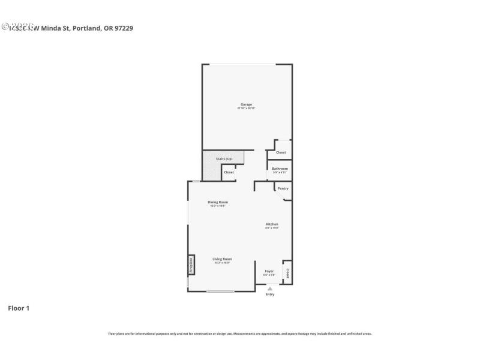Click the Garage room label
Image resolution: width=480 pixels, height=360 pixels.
246,104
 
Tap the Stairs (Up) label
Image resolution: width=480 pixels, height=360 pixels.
224,158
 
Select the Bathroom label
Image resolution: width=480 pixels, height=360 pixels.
280,169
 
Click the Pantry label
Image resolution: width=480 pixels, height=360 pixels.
283,188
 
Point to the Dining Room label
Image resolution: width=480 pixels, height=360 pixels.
218,202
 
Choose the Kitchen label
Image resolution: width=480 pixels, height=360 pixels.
272,224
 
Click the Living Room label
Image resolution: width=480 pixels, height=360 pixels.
222,259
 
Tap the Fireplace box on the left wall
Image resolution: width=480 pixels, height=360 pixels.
191,265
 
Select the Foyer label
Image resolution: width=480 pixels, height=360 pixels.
269,271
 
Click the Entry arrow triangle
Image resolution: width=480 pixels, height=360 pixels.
270,289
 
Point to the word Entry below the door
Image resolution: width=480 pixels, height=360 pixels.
270,294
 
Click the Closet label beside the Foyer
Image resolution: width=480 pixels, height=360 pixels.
287,273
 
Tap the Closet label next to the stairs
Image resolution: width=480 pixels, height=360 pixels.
229,172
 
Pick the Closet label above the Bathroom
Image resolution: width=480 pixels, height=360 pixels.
281,152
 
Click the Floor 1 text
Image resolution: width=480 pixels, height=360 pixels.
18,308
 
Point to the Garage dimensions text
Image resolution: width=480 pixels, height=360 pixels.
246,109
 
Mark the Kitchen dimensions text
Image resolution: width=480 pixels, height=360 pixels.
272,228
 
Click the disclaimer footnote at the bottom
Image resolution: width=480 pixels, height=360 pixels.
239,334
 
